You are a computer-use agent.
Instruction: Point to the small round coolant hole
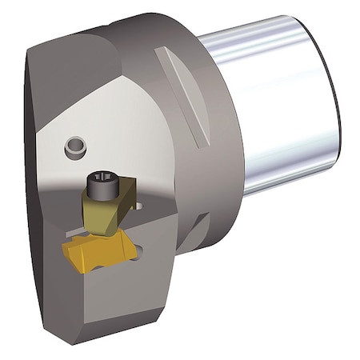pos(74,146)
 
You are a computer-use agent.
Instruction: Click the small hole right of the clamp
pos(140,206)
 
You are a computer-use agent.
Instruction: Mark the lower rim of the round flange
pos(200,240)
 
